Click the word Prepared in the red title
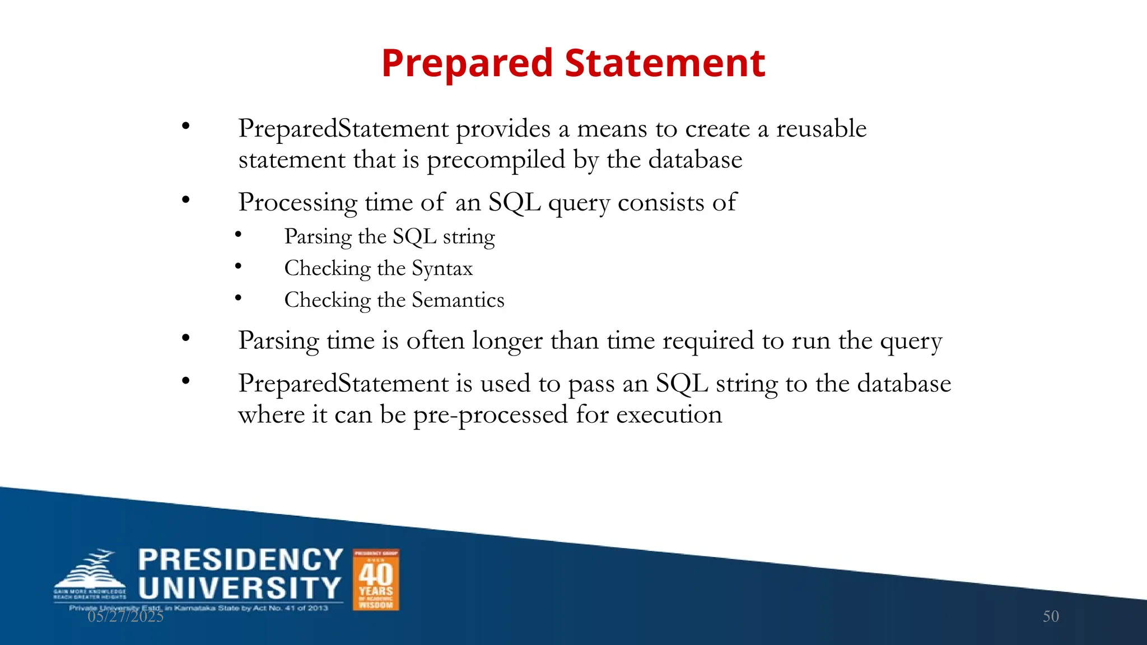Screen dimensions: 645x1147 click(x=467, y=63)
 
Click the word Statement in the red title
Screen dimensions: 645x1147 click(x=665, y=63)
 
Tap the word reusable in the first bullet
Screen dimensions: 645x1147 click(x=821, y=129)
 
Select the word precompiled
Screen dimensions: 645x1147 click(x=496, y=161)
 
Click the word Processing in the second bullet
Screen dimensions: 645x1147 click(x=297, y=202)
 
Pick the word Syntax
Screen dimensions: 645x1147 click(x=442, y=269)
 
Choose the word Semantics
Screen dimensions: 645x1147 click(x=458, y=300)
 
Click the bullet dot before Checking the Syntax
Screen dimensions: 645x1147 click(x=238, y=267)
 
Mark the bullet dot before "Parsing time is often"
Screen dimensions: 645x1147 click(x=186, y=338)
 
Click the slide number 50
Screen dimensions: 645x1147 click(x=1051, y=616)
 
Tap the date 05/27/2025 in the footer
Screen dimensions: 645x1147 click(x=125, y=616)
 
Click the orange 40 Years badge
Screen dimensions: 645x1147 click(x=376, y=579)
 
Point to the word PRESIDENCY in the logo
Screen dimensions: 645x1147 click(x=240, y=560)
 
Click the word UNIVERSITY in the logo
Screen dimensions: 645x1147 click(x=240, y=588)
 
